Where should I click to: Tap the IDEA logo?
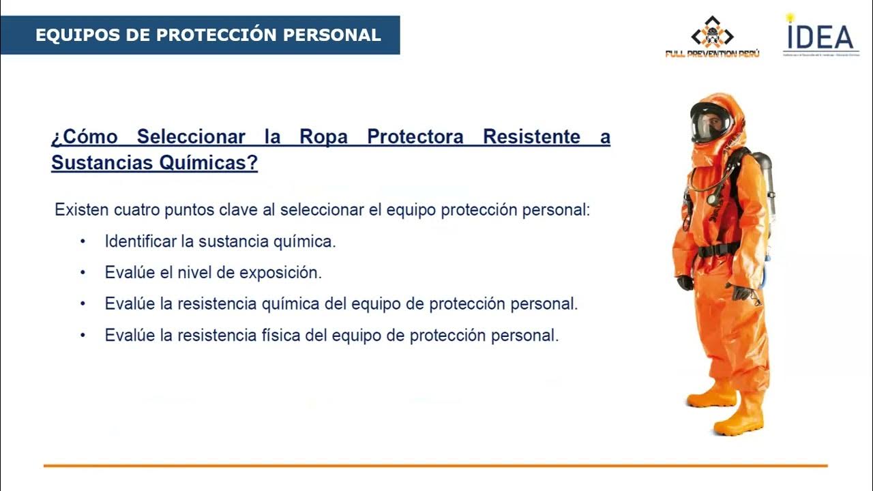coord(820,35)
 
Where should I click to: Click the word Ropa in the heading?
coord(323,137)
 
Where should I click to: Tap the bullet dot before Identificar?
coord(83,241)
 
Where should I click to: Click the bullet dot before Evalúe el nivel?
coord(83,273)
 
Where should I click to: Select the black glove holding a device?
coord(739,292)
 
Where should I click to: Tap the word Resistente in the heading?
coord(531,137)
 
